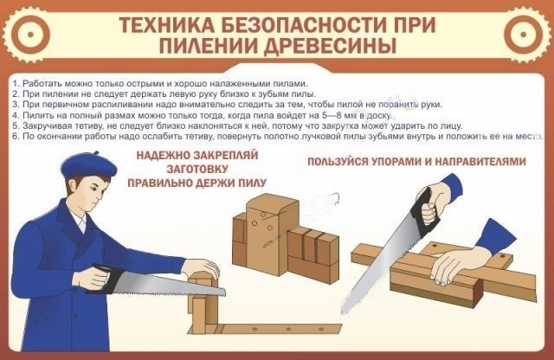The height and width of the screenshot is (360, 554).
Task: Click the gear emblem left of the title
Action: point(30,35)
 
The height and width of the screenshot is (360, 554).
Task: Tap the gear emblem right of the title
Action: point(524,35)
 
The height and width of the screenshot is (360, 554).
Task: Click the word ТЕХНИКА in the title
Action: point(166,25)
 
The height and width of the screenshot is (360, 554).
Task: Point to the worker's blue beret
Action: point(88,165)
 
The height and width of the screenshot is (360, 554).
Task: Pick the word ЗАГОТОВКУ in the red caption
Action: point(197,169)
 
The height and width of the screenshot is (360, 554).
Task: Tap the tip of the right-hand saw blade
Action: point(342,312)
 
